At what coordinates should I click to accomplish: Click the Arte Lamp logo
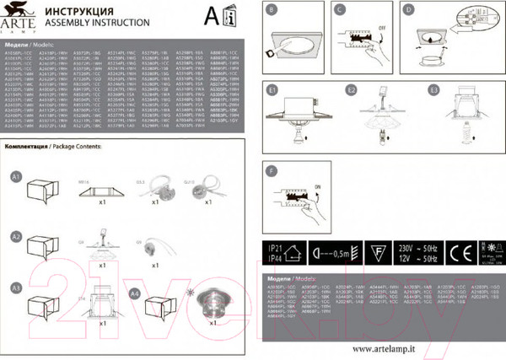19,15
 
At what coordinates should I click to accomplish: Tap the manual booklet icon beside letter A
234,17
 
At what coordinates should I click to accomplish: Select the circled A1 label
14,177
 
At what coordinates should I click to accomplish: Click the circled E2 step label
352,89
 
